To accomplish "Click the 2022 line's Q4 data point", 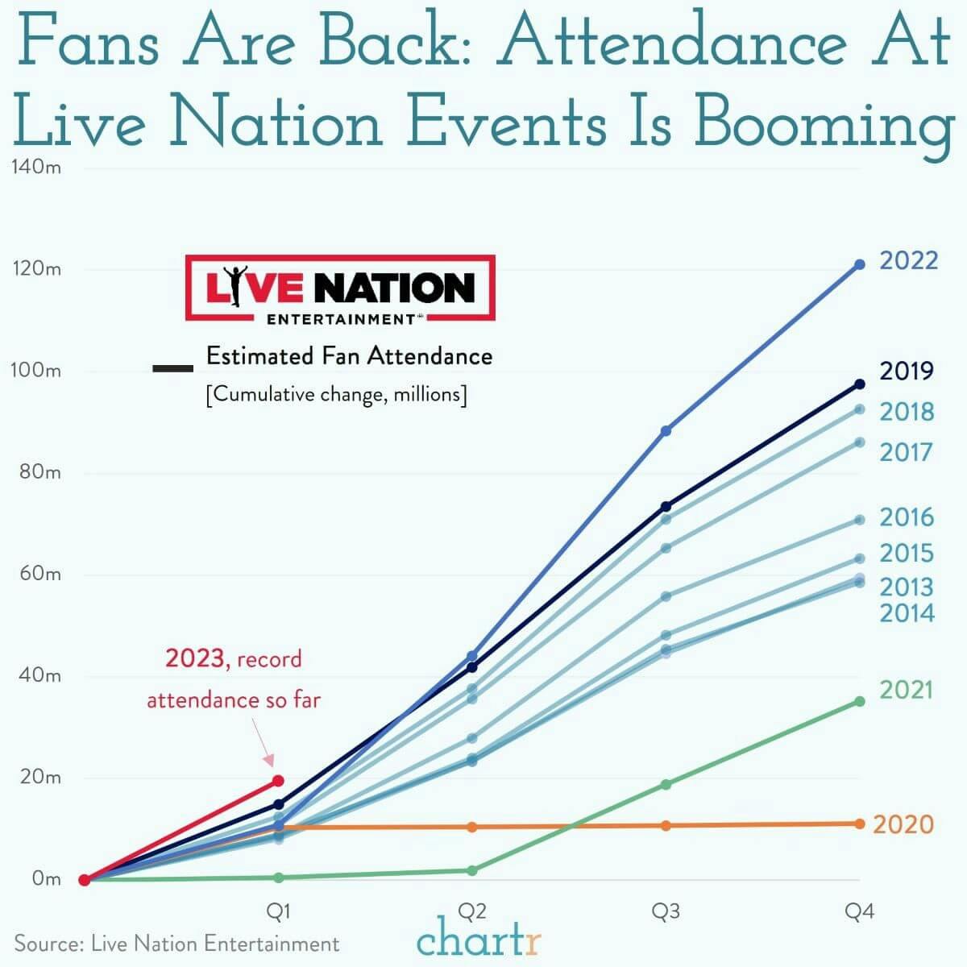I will (x=859, y=264).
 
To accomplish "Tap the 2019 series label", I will (x=907, y=371).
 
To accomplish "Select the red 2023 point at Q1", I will (x=278, y=781).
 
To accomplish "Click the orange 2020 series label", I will (x=903, y=824).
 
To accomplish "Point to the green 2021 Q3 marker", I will (x=666, y=784).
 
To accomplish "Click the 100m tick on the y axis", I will (x=35, y=371).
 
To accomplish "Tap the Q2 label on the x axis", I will (x=471, y=911).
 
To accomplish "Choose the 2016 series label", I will (x=907, y=517).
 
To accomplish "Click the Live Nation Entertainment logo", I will (x=340, y=288).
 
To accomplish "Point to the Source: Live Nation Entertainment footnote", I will (x=176, y=944).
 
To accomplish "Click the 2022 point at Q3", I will (x=666, y=431).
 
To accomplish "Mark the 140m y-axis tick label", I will (x=35, y=168).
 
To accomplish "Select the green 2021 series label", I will (x=905, y=690).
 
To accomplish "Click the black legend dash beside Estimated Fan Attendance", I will (x=172, y=368).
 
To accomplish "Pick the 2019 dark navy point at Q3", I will (x=666, y=506).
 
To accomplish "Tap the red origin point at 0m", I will (x=84, y=880).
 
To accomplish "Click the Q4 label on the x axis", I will (x=859, y=911).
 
